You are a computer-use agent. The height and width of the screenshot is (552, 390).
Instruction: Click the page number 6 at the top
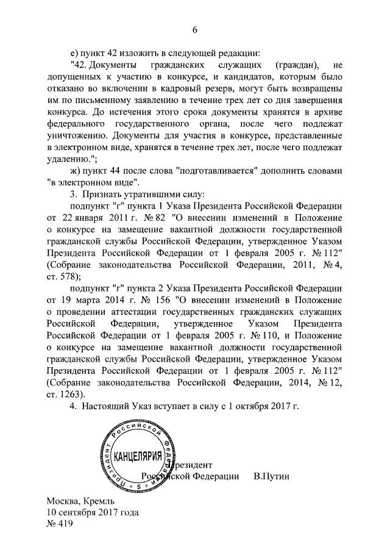click(x=196, y=29)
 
